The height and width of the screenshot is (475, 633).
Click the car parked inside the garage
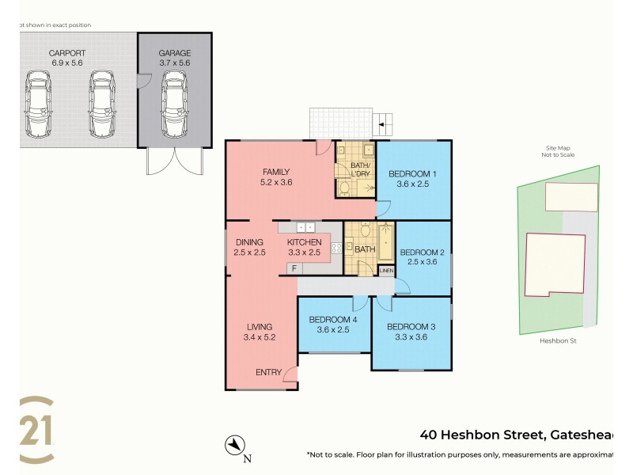(175, 103)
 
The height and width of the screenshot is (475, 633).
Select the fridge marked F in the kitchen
(294, 268)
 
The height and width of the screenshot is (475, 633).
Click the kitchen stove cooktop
(335, 248)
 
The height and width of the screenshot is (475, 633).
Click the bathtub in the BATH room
(385, 241)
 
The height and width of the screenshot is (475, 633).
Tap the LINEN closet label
(386, 271)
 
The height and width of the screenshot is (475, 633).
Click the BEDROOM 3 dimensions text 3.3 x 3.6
(411, 337)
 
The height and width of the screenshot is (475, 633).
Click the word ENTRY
(267, 372)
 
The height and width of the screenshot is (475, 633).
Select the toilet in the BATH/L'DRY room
(345, 188)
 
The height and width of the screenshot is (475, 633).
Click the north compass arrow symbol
(233, 446)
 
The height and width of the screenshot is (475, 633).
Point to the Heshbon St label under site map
(555, 341)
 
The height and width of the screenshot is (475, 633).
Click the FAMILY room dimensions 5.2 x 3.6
(276, 182)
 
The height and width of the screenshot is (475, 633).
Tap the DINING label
(250, 242)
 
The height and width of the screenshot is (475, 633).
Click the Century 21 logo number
(37, 430)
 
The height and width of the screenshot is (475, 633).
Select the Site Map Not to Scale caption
(559, 151)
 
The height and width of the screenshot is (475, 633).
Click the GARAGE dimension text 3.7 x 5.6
(175, 63)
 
